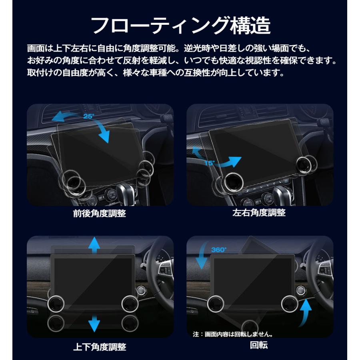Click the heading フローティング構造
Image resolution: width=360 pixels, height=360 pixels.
(180, 25)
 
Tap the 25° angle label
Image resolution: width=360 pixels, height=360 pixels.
(88, 116)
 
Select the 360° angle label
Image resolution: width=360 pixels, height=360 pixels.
(219, 250)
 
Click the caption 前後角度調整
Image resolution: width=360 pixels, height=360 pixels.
(100, 213)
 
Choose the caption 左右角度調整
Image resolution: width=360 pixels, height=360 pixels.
(259, 213)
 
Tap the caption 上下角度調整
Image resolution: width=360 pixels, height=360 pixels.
(100, 346)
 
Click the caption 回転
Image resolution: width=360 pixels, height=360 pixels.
(259, 345)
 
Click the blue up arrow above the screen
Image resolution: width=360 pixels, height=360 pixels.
(94, 244)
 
